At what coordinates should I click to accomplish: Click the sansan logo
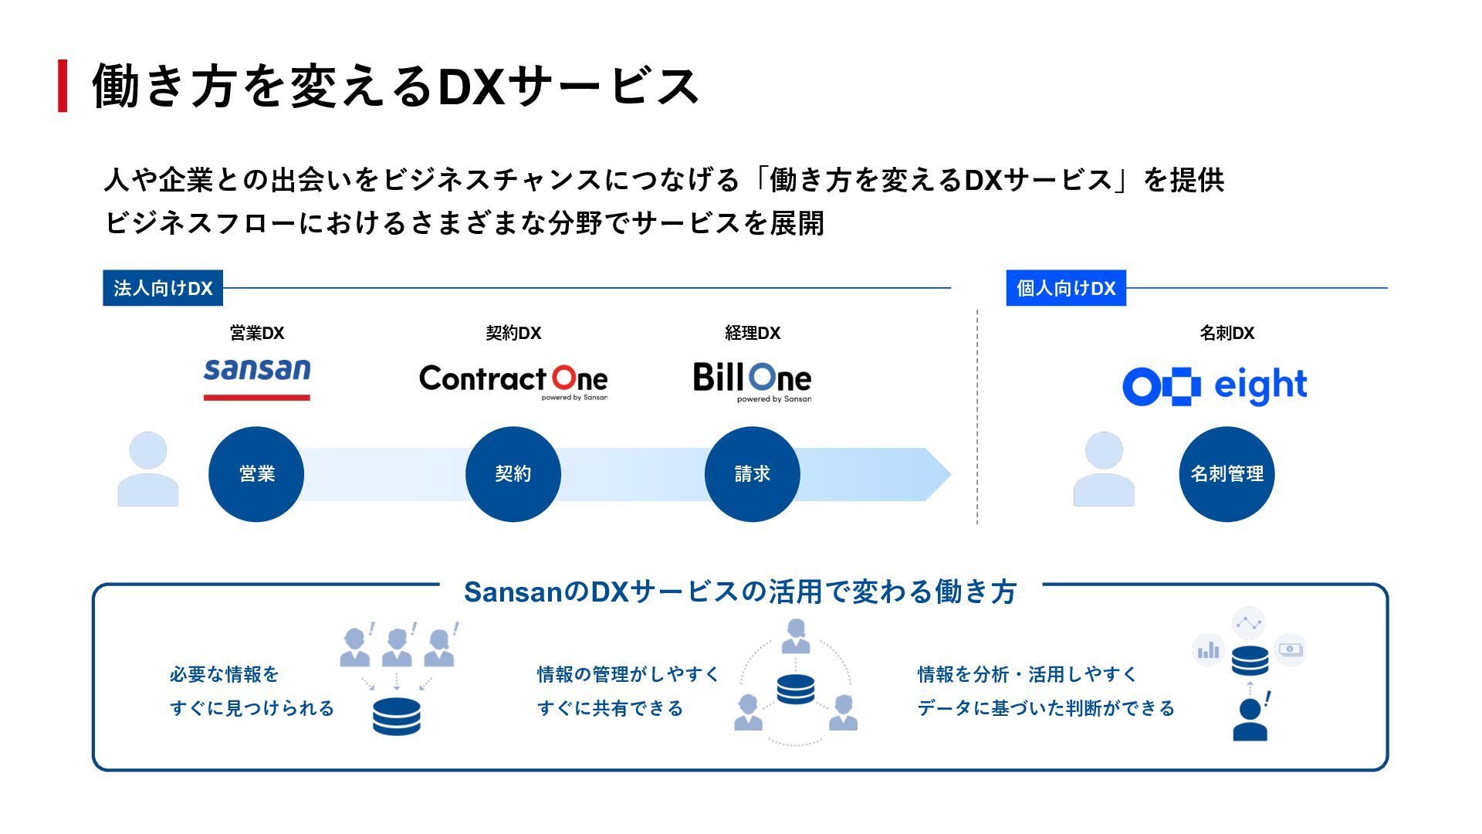pyautogui.click(x=257, y=378)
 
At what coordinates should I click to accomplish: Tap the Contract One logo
pyautogui.click(x=513, y=380)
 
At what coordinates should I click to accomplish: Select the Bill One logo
pyautogui.click(x=753, y=380)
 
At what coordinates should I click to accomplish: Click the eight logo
pyautogui.click(x=1215, y=386)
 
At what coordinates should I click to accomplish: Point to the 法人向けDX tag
pyautogui.click(x=163, y=288)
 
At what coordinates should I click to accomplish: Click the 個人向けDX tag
pyautogui.click(x=1066, y=288)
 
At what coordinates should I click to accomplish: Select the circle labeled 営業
pyautogui.click(x=256, y=474)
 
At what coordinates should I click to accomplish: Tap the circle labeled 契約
pyautogui.click(x=513, y=474)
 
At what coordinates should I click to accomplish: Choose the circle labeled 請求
pyautogui.click(x=753, y=474)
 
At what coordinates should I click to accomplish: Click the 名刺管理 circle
pyautogui.click(x=1227, y=474)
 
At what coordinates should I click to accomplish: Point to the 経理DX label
pyautogui.click(x=753, y=333)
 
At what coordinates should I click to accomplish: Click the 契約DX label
pyautogui.click(x=513, y=333)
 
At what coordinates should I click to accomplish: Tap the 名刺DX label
pyautogui.click(x=1227, y=333)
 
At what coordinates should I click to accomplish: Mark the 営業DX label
pyautogui.click(x=257, y=333)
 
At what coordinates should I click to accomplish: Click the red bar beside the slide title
pyautogui.click(x=63, y=86)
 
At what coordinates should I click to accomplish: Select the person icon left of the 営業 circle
pyautogui.click(x=148, y=470)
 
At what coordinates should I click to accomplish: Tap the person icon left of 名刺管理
pyautogui.click(x=1104, y=470)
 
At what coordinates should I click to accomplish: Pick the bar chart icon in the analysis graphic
pyautogui.click(x=1208, y=649)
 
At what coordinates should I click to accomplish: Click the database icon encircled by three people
pyautogui.click(x=796, y=689)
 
